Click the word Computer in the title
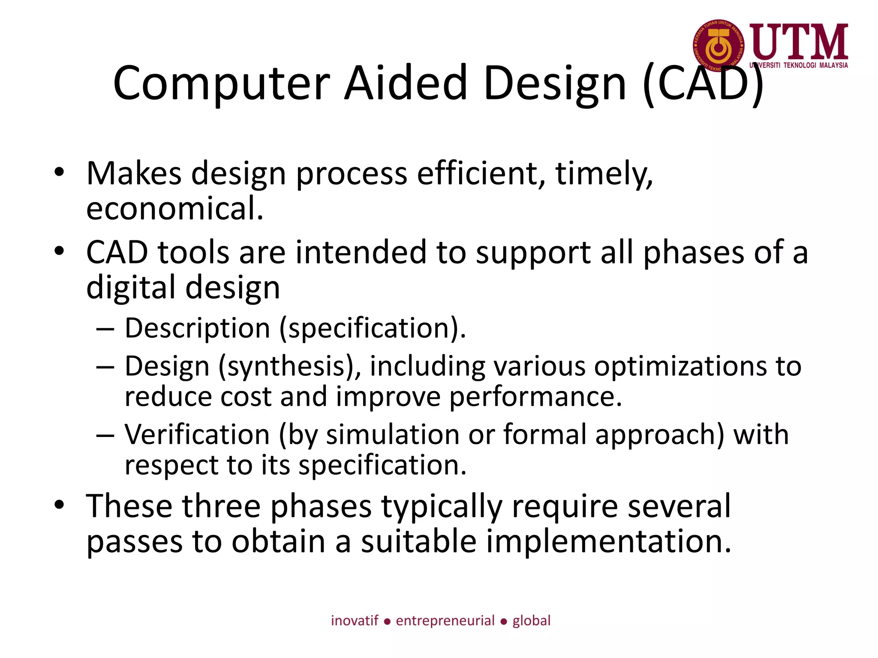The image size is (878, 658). click(x=221, y=84)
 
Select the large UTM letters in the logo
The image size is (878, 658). click(x=799, y=42)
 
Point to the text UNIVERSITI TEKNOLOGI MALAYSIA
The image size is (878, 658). click(x=799, y=66)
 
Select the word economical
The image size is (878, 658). click(x=174, y=209)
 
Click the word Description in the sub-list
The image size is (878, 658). click(x=198, y=329)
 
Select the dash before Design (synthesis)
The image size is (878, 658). click(x=105, y=368)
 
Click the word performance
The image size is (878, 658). click(x=535, y=397)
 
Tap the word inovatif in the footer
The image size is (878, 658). click(x=355, y=621)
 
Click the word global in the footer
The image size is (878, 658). click(x=531, y=621)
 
